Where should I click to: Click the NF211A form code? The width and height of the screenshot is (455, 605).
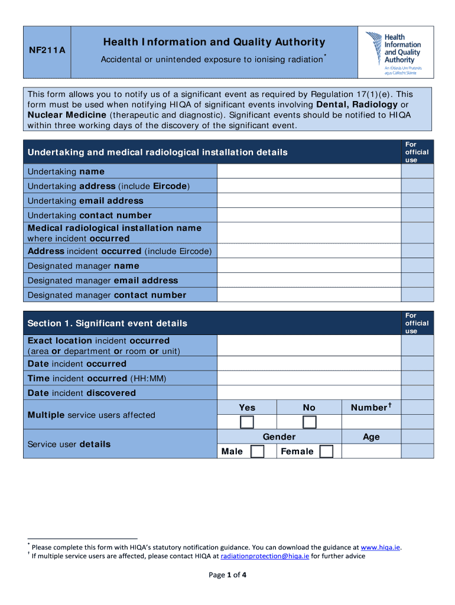pos(47,51)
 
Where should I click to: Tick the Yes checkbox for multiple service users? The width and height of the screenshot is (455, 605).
pos(247,422)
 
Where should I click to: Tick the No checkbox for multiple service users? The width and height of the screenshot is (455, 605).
pos(310,422)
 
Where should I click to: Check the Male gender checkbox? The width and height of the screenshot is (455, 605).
pos(257,451)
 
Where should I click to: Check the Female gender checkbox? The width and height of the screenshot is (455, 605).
pos(326,451)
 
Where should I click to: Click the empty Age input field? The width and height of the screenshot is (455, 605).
pos(371,451)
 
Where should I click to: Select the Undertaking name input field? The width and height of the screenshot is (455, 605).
pos(308,171)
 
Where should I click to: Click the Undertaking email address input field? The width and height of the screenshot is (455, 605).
pos(308,201)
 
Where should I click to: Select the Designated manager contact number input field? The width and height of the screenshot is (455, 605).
pos(308,295)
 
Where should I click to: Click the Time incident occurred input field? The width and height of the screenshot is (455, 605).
pos(308,378)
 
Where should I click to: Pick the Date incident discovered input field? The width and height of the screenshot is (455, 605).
pos(308,393)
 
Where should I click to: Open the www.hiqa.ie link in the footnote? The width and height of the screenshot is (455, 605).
pos(381,547)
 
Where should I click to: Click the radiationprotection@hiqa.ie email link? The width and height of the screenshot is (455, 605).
pos(265,556)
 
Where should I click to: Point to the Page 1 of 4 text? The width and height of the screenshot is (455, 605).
pos(227,575)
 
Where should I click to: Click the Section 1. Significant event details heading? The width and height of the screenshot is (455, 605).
pos(108,323)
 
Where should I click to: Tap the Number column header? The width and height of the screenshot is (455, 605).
pos(371,407)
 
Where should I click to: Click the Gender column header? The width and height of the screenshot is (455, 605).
pos(279,437)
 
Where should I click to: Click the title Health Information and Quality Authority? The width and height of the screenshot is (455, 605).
pos(214,42)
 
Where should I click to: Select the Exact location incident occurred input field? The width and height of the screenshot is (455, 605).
pos(308,346)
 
